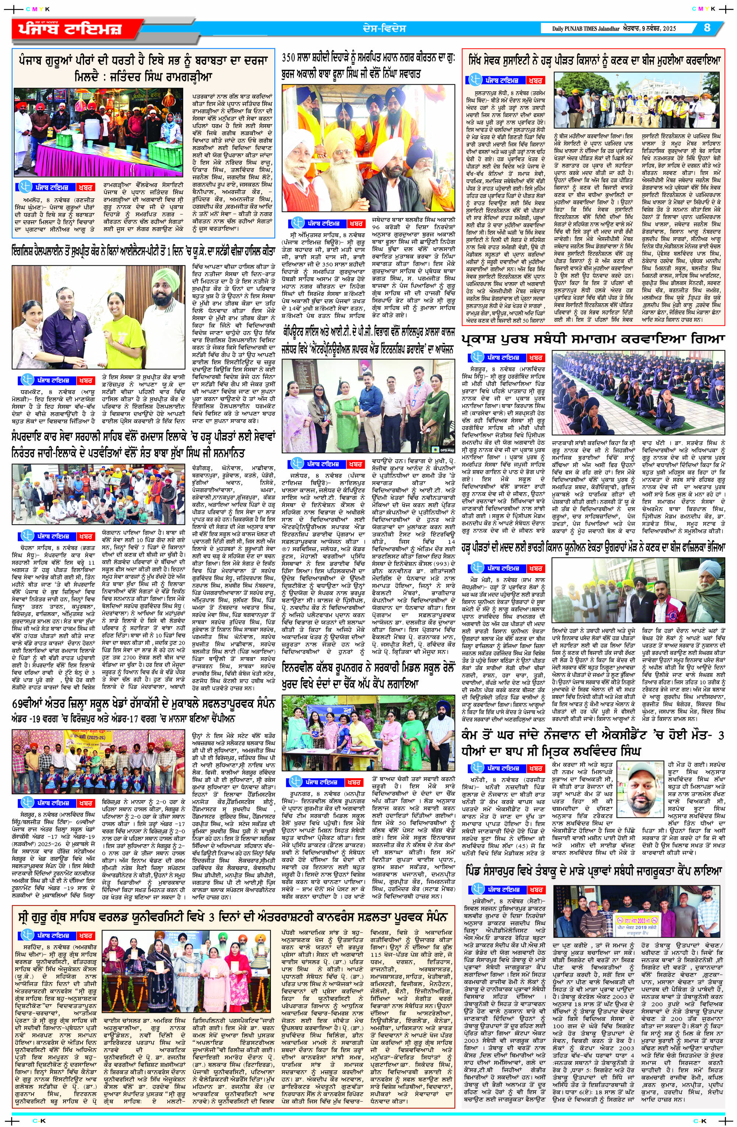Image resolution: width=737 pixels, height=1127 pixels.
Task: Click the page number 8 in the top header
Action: [x=707, y=28]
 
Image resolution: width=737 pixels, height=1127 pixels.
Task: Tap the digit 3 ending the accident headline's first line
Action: [x=721, y=736]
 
